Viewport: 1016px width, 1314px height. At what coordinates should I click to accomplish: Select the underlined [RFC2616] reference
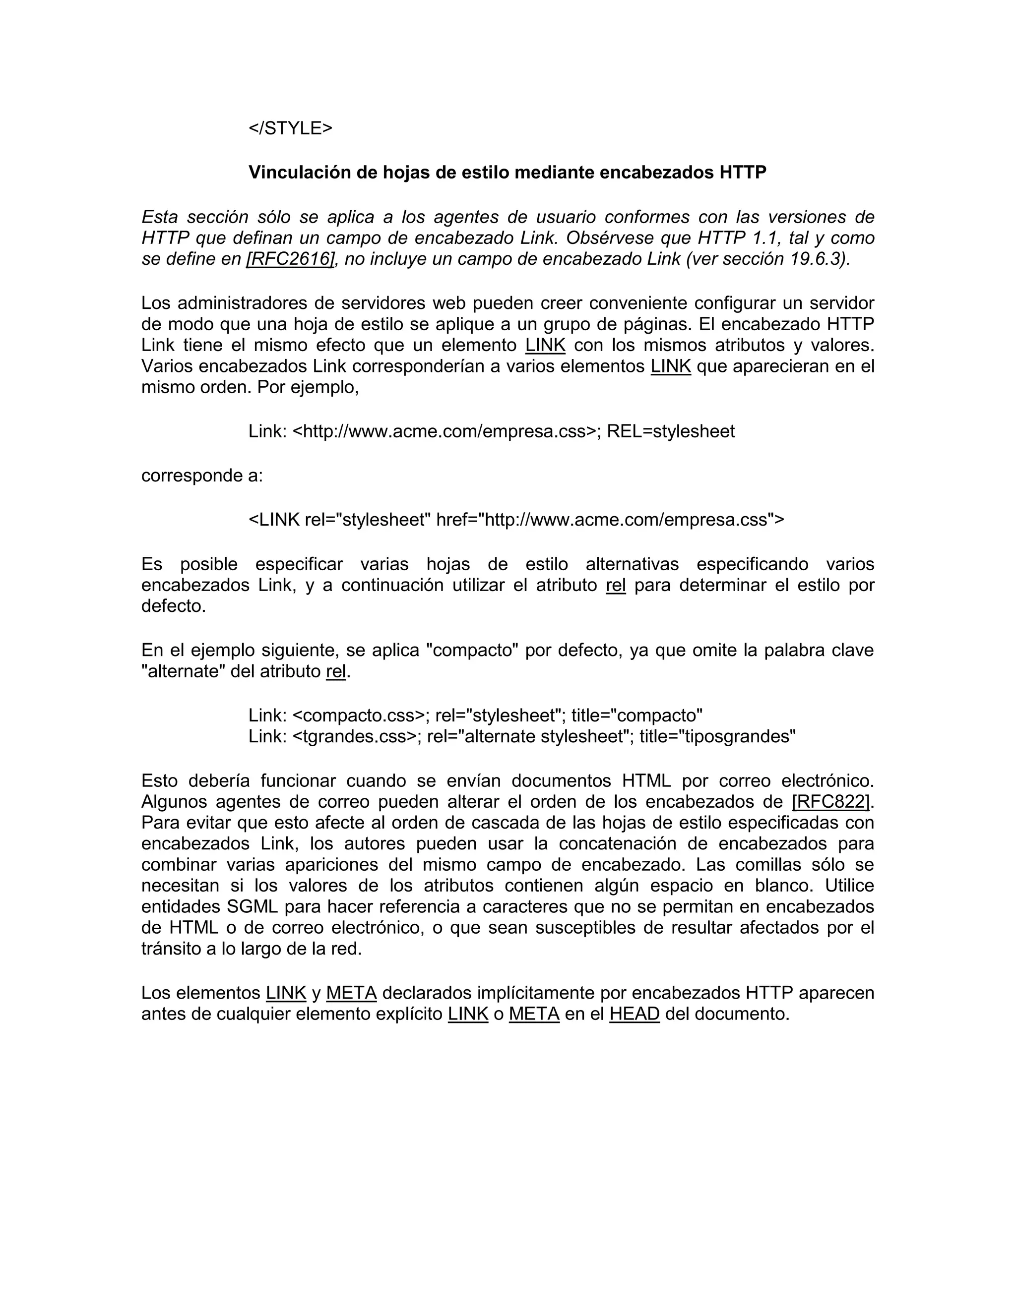tap(290, 259)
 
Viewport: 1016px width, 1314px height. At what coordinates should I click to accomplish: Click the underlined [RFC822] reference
tap(830, 801)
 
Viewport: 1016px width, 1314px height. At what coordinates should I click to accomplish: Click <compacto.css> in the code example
tap(358, 716)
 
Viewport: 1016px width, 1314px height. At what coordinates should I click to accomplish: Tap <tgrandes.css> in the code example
tap(354, 736)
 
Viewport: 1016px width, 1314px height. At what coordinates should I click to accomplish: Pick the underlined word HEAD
tap(635, 1015)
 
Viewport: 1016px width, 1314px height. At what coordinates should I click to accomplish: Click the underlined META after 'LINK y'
tap(352, 993)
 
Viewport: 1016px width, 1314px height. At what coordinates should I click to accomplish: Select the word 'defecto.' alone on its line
tap(173, 606)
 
